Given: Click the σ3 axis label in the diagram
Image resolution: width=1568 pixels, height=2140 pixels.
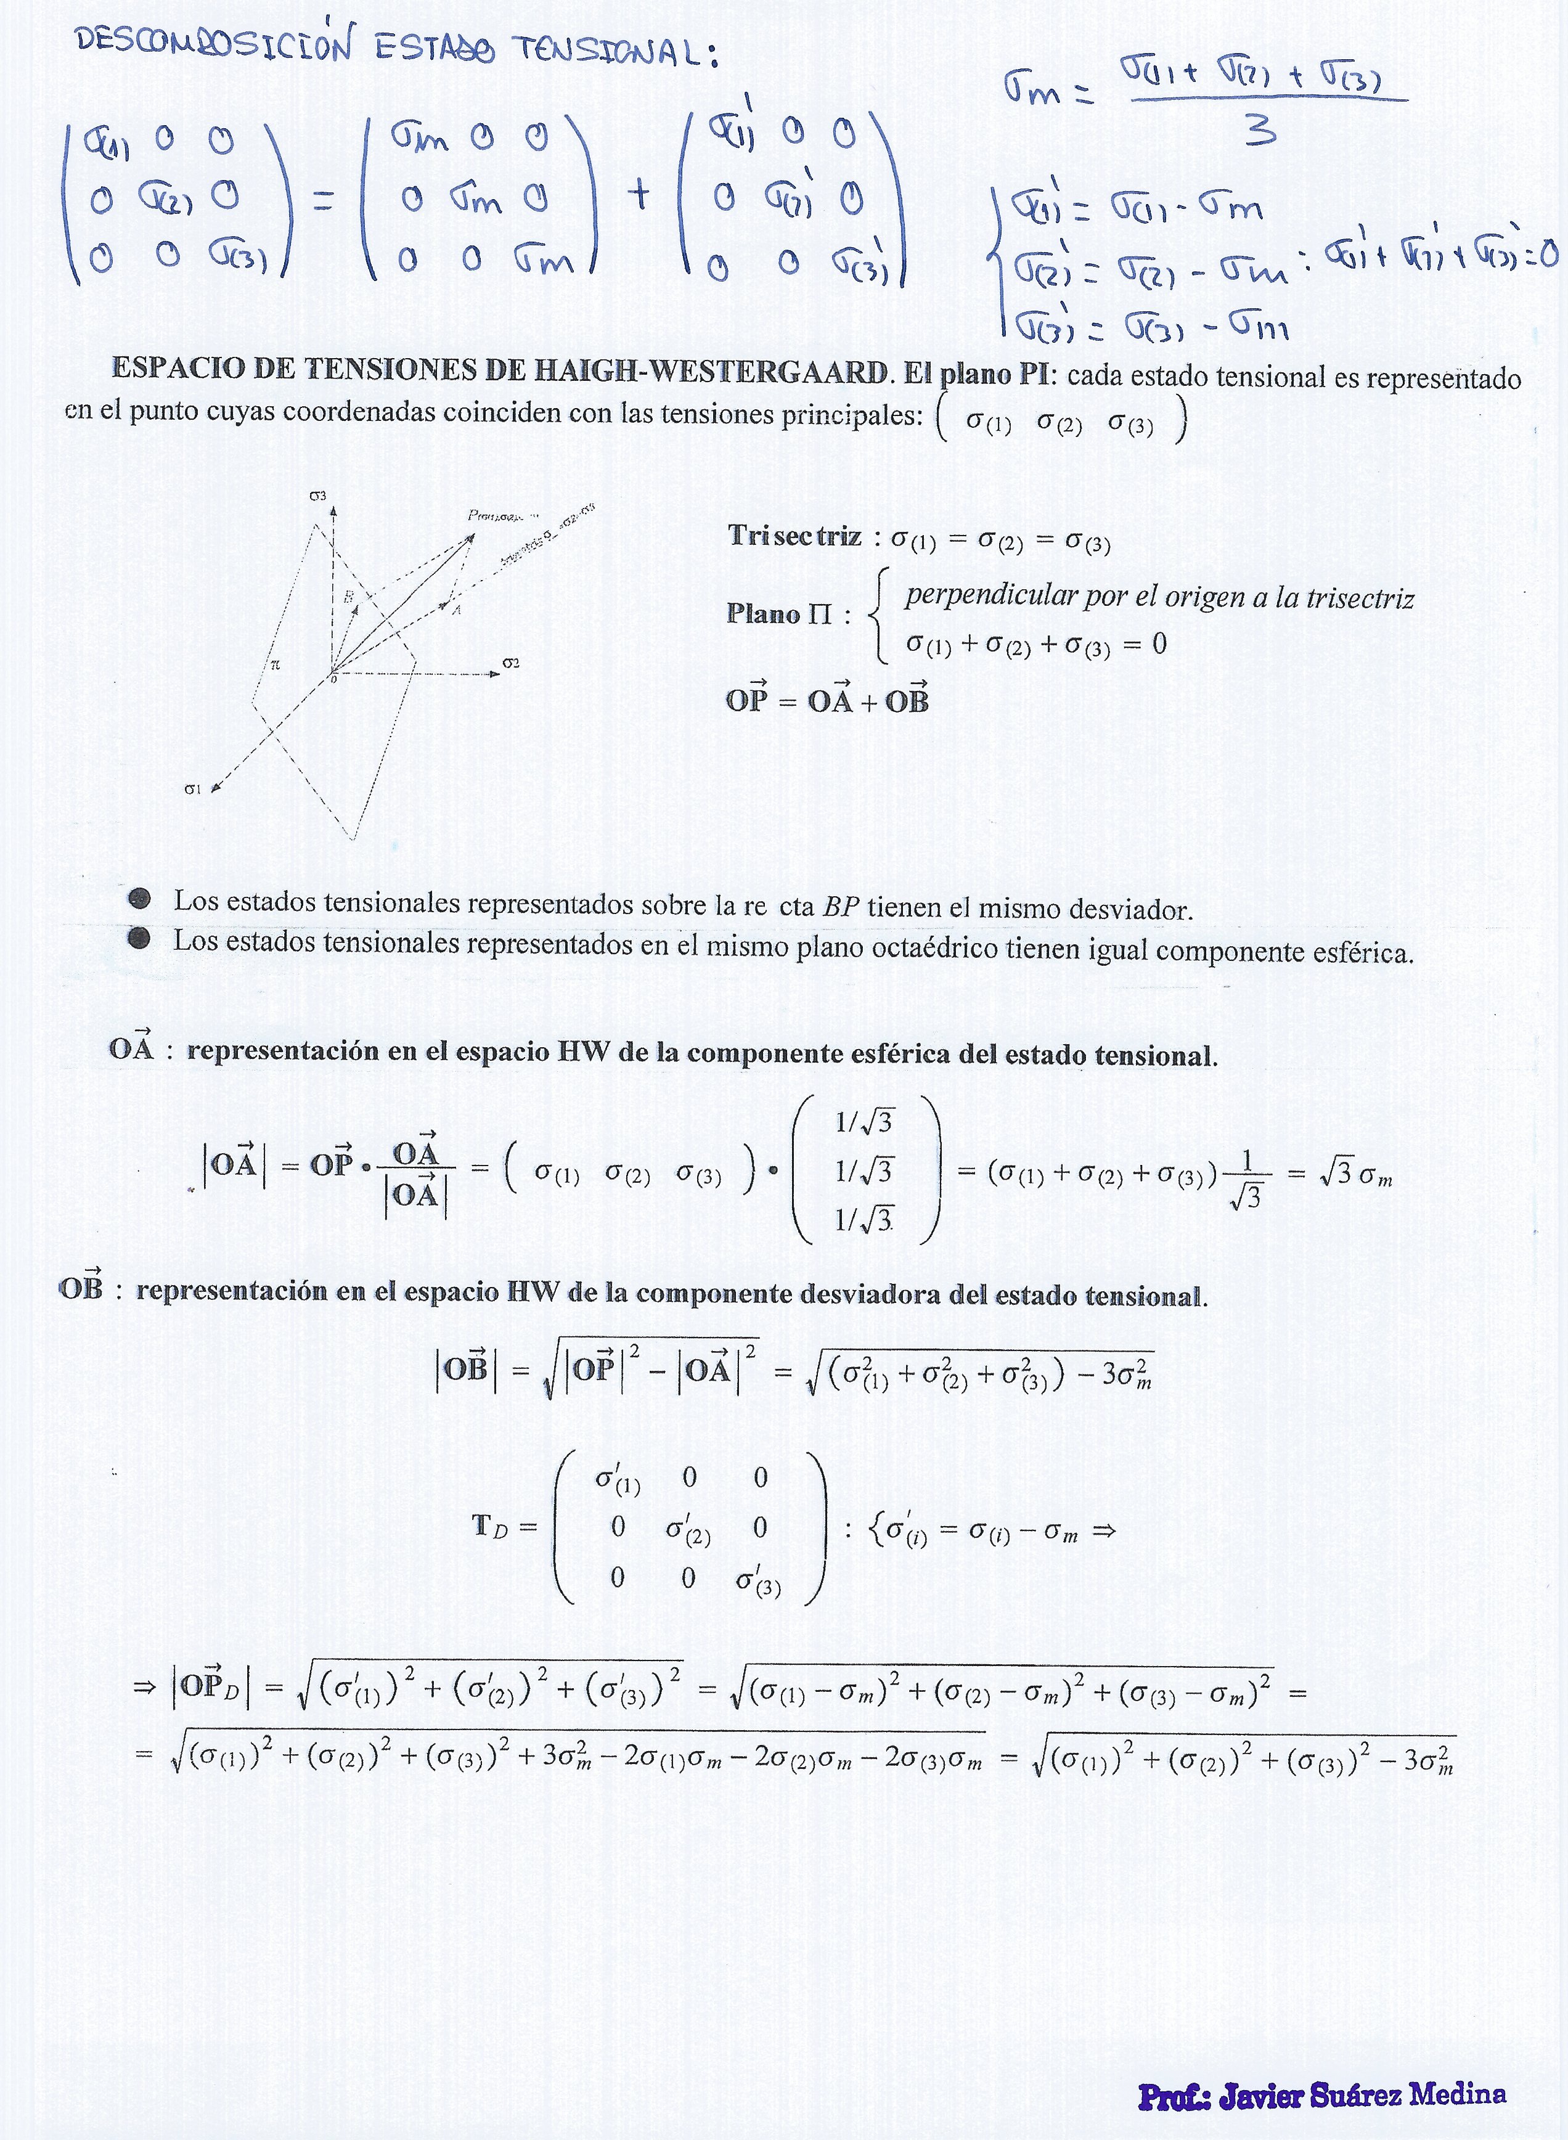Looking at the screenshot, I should (318, 496).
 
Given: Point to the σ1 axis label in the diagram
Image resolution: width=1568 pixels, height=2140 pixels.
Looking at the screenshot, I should (193, 788).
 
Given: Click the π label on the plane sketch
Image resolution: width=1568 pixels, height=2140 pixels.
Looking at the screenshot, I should (276, 665).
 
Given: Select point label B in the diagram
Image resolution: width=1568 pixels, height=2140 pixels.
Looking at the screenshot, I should (348, 597).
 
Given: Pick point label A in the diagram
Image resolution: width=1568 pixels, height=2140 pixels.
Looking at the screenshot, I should (457, 610).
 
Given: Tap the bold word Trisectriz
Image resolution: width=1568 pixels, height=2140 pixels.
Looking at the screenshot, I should (794, 536).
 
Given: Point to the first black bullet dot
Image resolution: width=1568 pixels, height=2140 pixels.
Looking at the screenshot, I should (139, 898).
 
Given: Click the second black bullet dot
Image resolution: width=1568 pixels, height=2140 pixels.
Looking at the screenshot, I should (139, 939).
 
